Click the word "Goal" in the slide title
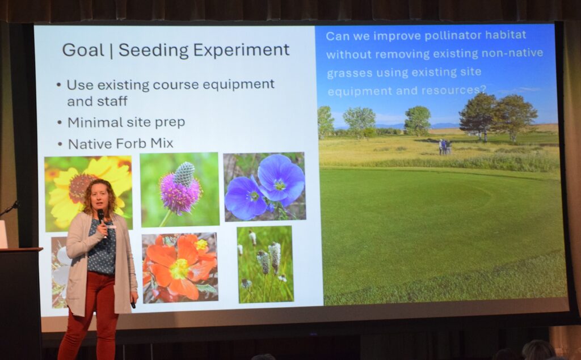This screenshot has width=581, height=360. tap(83, 50)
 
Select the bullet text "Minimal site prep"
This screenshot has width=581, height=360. tap(126, 122)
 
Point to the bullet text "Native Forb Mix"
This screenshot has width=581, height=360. tap(120, 143)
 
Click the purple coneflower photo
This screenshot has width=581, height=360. tap(180, 189)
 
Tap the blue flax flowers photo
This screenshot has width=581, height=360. tap(264, 187)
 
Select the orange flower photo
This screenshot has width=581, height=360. tap(180, 268)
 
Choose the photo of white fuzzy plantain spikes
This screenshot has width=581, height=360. tap(266, 264)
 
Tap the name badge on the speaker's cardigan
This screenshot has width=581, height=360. tap(111, 226)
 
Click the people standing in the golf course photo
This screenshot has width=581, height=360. tap(444, 147)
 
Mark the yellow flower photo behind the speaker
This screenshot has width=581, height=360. tap(88, 193)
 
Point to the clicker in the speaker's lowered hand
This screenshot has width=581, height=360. tap(133, 304)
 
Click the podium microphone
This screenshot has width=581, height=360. tap(9, 209)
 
